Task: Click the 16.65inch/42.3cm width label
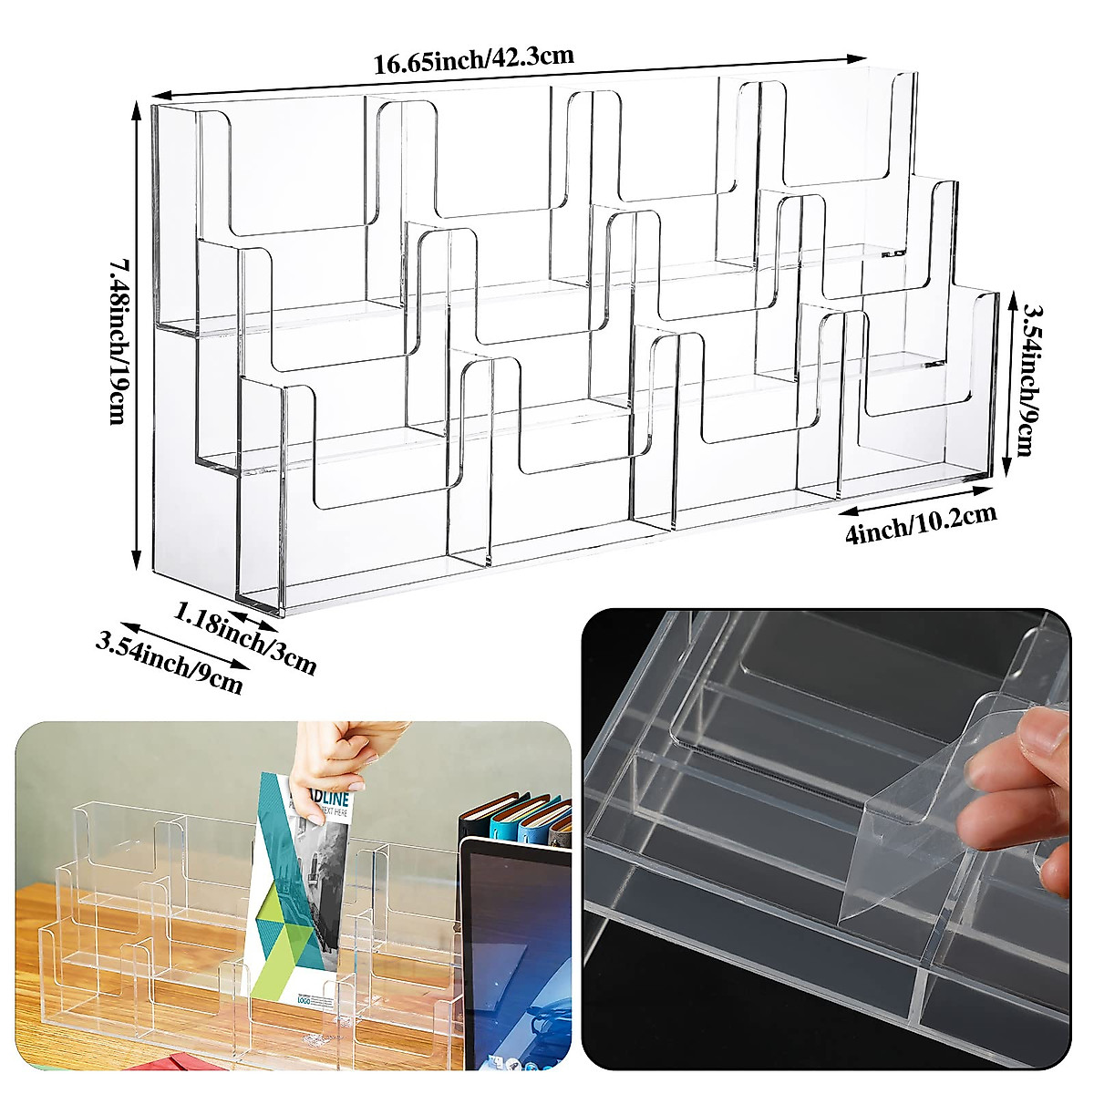[473, 60]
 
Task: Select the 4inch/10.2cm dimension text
[921, 525]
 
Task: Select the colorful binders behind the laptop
[520, 816]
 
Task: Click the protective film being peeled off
[921, 820]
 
